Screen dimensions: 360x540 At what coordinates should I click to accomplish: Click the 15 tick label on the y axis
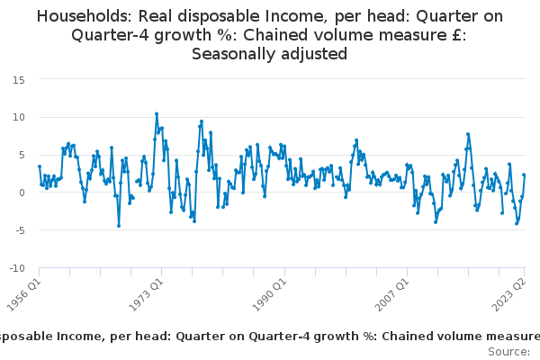point(19,79)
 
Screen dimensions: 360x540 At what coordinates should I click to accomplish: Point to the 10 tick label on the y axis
point(19,117)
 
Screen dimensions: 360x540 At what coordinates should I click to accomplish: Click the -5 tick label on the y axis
point(19,230)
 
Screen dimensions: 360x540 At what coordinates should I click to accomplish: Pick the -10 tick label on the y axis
point(16,268)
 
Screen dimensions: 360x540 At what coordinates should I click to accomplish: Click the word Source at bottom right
point(508,351)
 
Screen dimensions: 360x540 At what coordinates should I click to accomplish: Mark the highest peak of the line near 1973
point(157,114)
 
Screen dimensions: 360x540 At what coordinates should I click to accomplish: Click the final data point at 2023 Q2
point(524,175)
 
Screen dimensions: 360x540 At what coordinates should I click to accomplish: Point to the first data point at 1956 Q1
point(40,166)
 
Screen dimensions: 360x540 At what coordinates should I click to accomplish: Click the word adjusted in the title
point(314,54)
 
